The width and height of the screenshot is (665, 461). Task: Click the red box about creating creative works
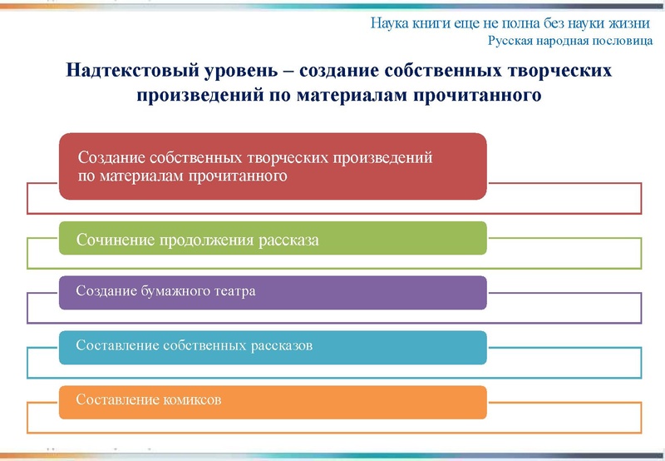pyautogui.click(x=273, y=166)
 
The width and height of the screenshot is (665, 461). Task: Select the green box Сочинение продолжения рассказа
pyautogui.click(x=273, y=239)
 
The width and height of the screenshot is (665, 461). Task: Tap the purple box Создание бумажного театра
pyautogui.click(x=273, y=292)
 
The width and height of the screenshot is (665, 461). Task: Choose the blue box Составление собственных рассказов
pyautogui.click(x=273, y=345)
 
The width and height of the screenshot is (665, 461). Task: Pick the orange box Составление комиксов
pyautogui.click(x=273, y=400)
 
